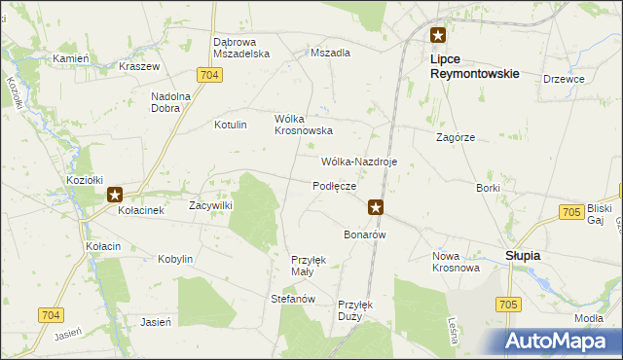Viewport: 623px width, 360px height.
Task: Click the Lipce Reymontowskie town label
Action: pos(473,66)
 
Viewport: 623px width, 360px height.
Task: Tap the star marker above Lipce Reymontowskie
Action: pos(438,36)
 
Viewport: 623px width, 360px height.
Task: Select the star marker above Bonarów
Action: pos(376,206)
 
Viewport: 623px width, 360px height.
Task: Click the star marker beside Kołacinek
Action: pos(114,195)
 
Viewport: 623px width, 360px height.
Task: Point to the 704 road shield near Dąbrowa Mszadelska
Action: pos(206,75)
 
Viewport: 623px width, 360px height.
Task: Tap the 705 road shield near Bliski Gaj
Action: pos(571,212)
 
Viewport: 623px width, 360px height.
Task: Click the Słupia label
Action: pos(523,255)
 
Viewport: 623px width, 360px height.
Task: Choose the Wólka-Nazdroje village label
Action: pos(359,162)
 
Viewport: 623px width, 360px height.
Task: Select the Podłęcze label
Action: pos(334,185)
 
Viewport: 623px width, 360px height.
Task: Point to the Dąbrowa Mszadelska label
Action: pos(241,49)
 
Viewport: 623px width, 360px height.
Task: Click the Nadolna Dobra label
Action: pos(171,102)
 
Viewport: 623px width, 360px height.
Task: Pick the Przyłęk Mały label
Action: pos(309,266)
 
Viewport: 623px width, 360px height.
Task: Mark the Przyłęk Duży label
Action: pos(355,309)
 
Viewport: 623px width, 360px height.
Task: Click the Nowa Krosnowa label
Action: pos(456,262)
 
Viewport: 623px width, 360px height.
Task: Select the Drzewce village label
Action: pos(564,79)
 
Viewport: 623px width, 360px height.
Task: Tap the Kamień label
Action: pos(71,58)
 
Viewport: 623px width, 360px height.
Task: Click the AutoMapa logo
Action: pos(562,341)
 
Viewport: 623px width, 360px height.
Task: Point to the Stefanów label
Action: pos(292,299)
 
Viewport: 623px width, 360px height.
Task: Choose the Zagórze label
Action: pos(456,138)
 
